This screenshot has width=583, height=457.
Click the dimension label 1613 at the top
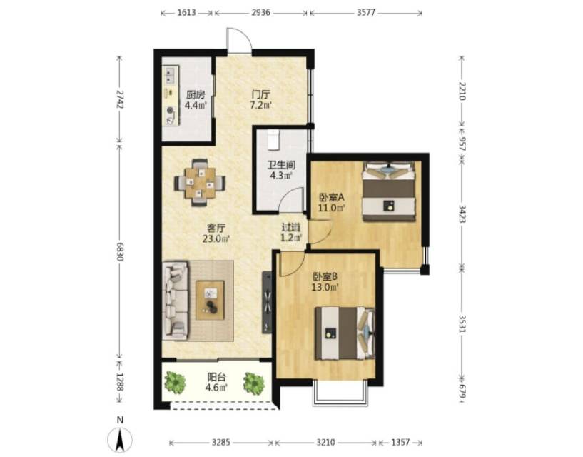coord(186,13)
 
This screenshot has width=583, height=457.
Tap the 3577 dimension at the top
coord(366,13)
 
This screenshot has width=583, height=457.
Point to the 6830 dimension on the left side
coord(119,251)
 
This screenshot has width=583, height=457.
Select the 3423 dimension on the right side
coord(462,214)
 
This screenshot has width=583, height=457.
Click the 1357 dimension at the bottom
coord(400,443)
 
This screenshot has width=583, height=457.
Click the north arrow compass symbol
coord(120,439)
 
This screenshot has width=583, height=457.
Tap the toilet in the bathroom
coord(273,140)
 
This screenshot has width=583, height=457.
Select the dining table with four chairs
coord(200,182)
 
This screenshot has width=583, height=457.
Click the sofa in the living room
coord(175,300)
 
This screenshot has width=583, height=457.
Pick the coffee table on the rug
coord(211,300)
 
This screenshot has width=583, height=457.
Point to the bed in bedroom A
coord(389,191)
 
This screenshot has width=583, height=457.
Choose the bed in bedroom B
coord(345,333)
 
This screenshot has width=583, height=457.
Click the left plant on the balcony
coord(175,382)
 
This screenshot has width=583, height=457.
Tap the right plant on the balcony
coord(254,382)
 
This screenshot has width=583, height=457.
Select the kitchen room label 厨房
coord(196,95)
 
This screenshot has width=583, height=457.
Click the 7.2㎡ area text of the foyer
coord(260,105)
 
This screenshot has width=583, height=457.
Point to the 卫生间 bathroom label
coord(281,164)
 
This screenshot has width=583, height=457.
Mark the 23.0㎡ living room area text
coord(216,238)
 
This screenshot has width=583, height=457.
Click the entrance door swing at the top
coord(240,40)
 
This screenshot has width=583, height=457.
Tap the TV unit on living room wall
coord(267,303)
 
